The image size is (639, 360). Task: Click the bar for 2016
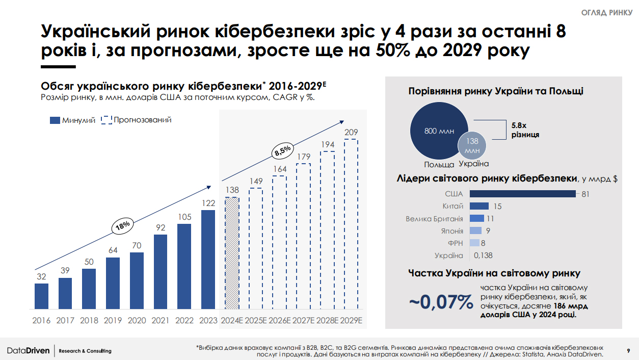[x=42, y=296]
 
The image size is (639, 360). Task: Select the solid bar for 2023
[x=208, y=260]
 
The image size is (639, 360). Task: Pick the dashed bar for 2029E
[x=351, y=225]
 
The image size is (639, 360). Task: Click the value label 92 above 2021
[x=161, y=227]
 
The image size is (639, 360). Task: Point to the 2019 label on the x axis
[x=113, y=321]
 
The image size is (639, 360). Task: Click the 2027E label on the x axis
[x=303, y=321]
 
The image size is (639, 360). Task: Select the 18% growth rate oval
[x=123, y=226]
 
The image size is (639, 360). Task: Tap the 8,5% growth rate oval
[x=282, y=150]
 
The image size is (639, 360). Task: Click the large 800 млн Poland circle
[x=438, y=132]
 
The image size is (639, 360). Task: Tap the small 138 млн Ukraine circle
[x=472, y=145]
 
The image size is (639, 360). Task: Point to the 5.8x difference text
[x=525, y=130]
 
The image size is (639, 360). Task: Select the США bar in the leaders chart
[x=522, y=194]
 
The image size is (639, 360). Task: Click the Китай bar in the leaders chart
[x=479, y=206]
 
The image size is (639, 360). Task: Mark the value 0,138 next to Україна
[x=483, y=255]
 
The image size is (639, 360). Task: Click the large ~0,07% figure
[x=441, y=302]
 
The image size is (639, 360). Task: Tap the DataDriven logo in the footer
[x=29, y=351]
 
